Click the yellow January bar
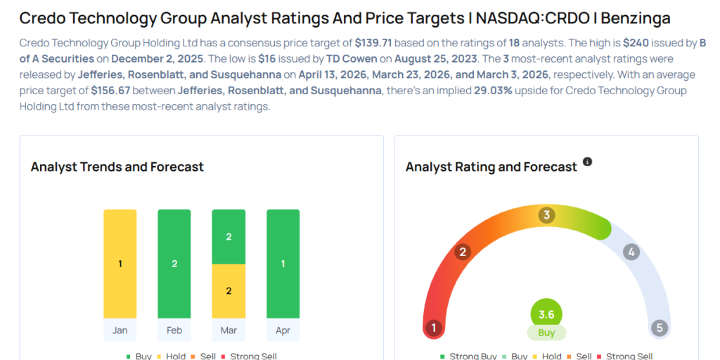point(120,264)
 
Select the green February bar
point(174,264)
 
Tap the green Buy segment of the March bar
point(229,237)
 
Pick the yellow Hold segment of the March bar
point(229,291)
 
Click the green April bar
point(283,264)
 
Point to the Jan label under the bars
point(120,330)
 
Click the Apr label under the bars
point(283,330)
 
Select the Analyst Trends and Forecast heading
point(117,167)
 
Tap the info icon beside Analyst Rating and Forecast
point(588,162)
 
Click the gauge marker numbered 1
point(434,328)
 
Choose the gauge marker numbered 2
point(463,252)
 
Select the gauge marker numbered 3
point(546,215)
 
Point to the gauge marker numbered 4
point(631,252)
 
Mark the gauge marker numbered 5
point(659,328)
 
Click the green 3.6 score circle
point(546,314)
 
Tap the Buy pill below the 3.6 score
point(546,333)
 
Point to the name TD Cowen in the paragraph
point(352,59)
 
